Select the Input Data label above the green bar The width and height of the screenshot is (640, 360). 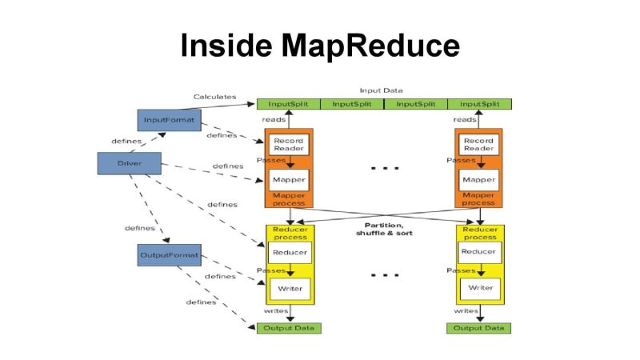(x=382, y=90)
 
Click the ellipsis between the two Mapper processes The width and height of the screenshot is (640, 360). (x=385, y=169)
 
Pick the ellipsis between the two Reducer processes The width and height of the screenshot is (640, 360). (x=385, y=274)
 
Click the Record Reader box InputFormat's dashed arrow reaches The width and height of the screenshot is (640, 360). (x=288, y=145)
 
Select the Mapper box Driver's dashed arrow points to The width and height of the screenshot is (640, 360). (x=288, y=179)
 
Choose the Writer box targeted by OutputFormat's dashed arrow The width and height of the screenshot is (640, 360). (x=288, y=287)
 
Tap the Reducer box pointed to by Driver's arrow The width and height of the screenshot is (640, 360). (x=288, y=253)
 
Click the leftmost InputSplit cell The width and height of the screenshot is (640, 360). (x=288, y=104)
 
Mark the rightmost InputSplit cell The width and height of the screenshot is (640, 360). (x=479, y=104)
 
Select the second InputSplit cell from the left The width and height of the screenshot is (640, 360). (x=352, y=104)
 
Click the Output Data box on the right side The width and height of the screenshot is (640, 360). (x=479, y=328)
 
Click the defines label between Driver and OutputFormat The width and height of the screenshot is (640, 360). (x=140, y=228)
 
